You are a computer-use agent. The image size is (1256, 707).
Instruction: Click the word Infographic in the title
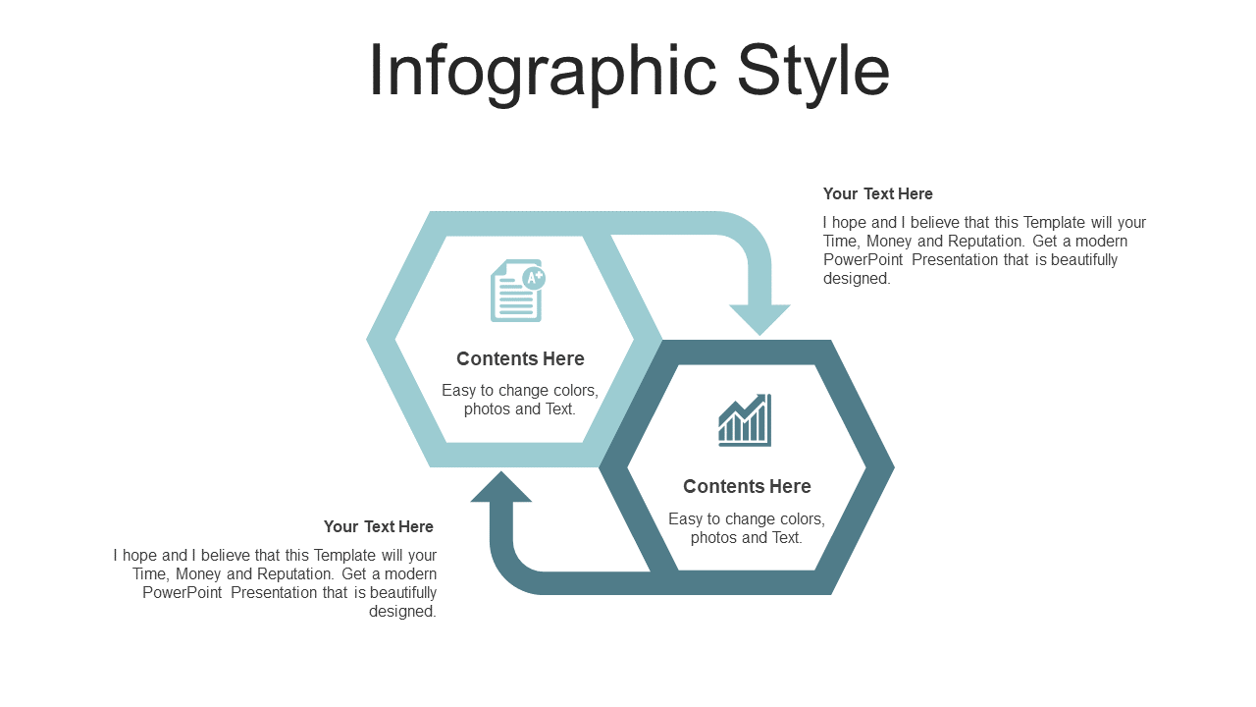click(543, 73)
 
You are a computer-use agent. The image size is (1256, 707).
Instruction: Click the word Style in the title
click(813, 73)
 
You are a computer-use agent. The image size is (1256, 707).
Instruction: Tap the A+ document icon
click(518, 290)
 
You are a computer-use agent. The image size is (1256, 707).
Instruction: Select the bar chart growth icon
click(745, 420)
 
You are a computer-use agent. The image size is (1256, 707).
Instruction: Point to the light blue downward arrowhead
click(759, 319)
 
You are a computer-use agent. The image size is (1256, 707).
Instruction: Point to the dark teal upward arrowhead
click(500, 487)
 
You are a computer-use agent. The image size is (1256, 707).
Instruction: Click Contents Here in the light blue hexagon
click(520, 358)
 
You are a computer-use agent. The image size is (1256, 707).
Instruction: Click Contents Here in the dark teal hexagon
click(747, 486)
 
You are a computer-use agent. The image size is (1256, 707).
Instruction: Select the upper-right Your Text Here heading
click(877, 194)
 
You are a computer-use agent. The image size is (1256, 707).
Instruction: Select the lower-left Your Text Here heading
click(379, 527)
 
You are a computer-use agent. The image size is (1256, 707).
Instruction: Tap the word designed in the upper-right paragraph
click(857, 279)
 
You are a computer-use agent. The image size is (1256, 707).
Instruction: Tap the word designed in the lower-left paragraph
click(402, 612)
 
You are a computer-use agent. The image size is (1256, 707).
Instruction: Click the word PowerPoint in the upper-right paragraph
click(863, 260)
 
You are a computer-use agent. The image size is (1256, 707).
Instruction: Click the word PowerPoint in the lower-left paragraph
click(183, 592)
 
